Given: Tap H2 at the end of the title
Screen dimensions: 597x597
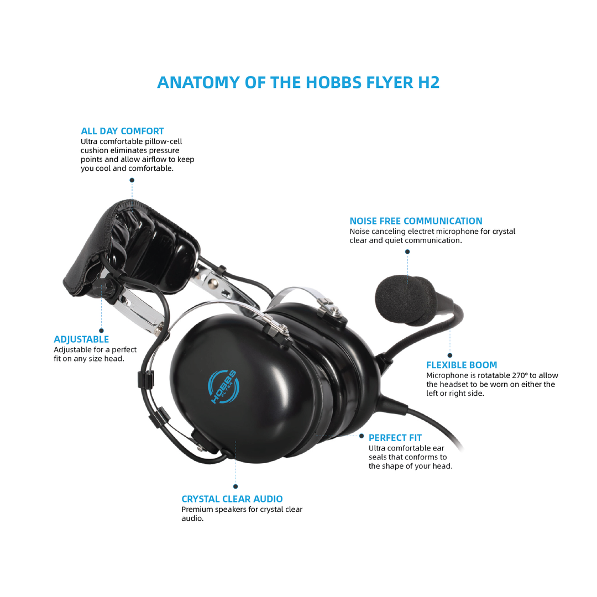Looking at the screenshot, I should pos(427,82).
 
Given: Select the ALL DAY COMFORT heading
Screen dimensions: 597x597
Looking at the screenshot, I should pos(122,131).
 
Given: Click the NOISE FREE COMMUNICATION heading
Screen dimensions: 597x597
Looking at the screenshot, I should pos(416,221).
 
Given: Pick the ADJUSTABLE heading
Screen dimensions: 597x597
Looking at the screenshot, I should pos(81,339).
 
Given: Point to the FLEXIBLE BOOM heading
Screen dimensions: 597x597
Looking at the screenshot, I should pos(462,365).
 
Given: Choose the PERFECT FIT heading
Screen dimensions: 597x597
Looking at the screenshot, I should pos(395,438).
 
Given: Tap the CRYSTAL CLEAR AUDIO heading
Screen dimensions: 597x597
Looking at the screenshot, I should pos(232,499).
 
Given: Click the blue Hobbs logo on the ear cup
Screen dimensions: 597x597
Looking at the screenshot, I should pos(224,386).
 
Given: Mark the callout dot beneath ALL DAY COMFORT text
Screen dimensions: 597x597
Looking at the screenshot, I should pos(132,180).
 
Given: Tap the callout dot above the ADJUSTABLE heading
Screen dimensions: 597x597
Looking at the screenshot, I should pos(101,331).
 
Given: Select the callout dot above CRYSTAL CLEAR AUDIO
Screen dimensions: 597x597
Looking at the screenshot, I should pos(235,486).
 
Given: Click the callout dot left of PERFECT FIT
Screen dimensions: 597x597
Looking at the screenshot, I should pos(362,436).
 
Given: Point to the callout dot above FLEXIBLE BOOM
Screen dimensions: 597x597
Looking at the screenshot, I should pos(450,355).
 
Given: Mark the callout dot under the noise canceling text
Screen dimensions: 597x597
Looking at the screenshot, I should pos(407,252).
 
